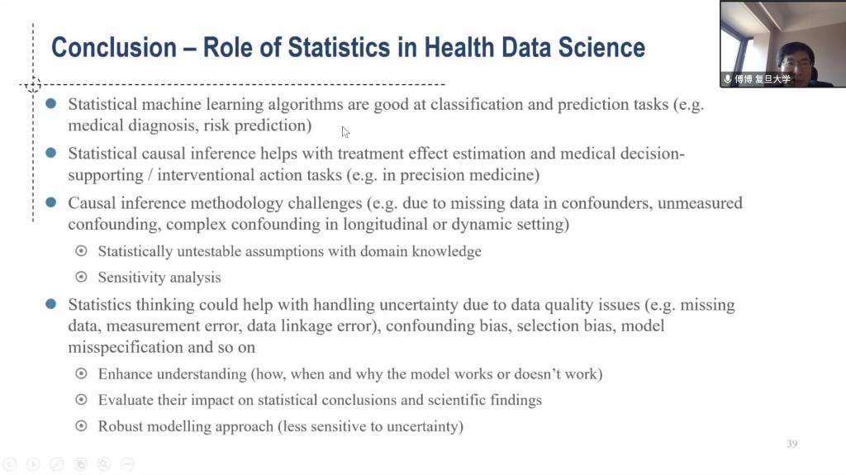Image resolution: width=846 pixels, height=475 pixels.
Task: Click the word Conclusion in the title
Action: (114, 48)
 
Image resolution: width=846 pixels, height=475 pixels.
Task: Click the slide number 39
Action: (792, 444)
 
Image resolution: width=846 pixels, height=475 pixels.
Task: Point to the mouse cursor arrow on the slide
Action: (345, 132)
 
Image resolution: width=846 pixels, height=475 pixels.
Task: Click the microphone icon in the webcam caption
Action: (727, 79)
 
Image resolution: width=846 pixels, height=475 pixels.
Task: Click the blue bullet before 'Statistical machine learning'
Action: (51, 103)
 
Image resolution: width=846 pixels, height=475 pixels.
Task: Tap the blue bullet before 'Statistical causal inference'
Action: (51, 153)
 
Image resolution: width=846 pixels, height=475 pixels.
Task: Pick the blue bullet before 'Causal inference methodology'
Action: (51, 202)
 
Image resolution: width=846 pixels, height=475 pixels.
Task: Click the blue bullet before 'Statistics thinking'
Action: (51, 304)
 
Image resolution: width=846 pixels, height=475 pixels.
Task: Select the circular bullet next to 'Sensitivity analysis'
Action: (82, 277)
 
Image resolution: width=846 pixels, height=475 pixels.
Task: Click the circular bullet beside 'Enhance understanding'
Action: (82, 373)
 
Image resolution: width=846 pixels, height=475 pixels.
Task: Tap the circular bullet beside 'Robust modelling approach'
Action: (82, 426)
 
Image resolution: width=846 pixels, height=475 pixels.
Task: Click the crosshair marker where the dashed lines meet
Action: (33, 85)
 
